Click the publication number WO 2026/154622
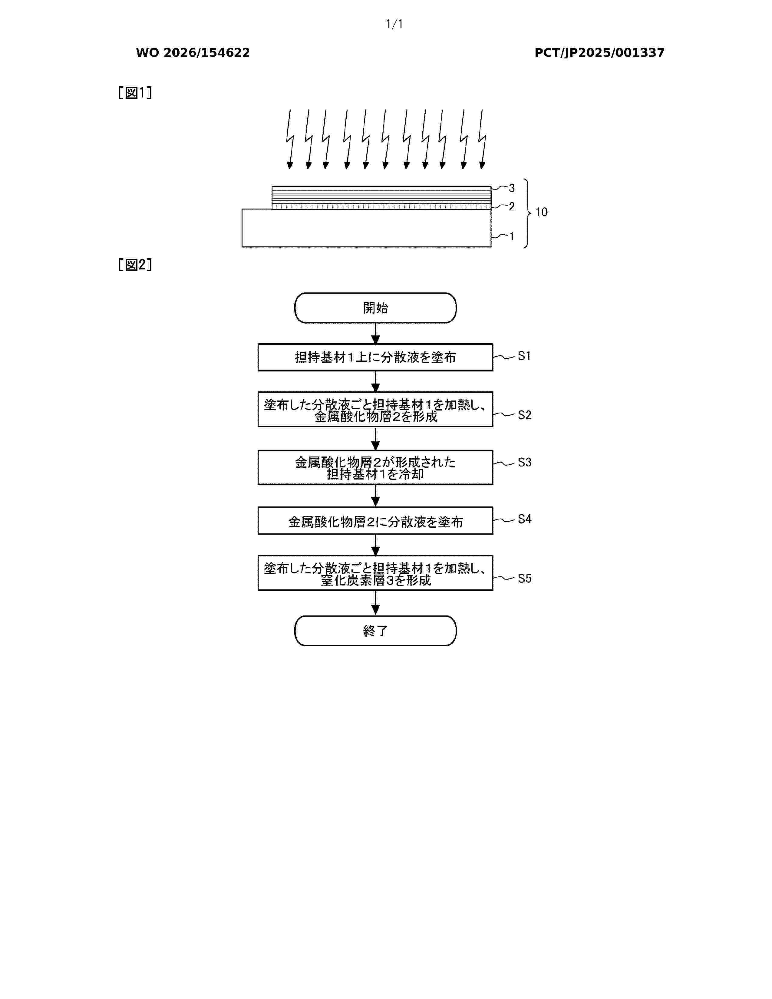click(193, 53)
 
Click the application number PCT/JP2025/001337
click(599, 53)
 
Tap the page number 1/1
click(394, 24)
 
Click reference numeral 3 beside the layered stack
click(512, 188)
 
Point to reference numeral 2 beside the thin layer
click(512, 207)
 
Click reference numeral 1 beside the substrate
click(512, 236)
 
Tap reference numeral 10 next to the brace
click(542, 212)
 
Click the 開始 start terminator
click(375, 308)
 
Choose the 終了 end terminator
click(375, 631)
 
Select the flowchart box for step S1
click(375, 357)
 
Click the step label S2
click(525, 415)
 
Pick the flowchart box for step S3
click(375, 467)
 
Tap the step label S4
click(525, 519)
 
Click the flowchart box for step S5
click(375, 573)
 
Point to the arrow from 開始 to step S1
click(375, 334)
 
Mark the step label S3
click(525, 463)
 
